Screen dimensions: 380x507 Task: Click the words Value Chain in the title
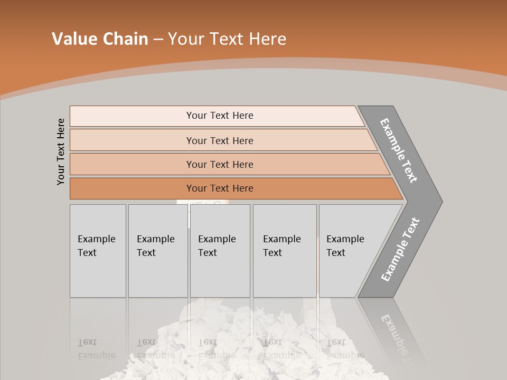pos(100,39)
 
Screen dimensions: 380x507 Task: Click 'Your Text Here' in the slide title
pos(227,39)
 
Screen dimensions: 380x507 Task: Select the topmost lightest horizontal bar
pos(132,116)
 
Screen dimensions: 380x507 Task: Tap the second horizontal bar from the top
pos(132,140)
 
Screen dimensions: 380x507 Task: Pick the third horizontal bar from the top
pos(132,164)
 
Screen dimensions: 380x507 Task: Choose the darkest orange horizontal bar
pos(132,188)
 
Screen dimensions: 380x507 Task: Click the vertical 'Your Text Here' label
pos(61,151)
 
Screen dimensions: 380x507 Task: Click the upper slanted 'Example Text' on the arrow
pos(399,150)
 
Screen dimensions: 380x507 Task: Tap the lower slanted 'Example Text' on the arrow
pos(400,250)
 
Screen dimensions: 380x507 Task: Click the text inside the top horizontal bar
pos(220,116)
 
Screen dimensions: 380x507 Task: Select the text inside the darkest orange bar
pos(220,188)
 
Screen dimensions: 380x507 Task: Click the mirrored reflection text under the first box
pos(96,349)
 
